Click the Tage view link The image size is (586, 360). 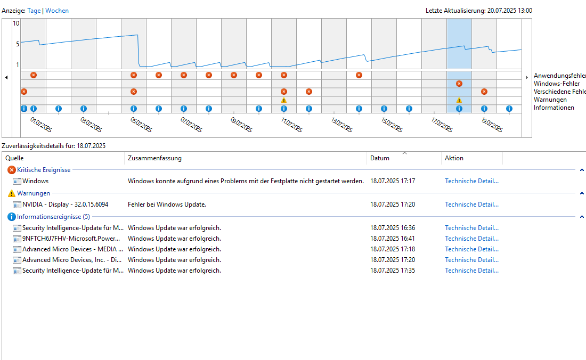[x=34, y=11]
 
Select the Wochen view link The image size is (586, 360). [x=57, y=11]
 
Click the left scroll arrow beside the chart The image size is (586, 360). [x=6, y=78]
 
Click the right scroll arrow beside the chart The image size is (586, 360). [x=527, y=78]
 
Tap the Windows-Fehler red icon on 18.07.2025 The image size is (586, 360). [x=459, y=84]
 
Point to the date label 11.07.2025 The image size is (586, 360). [x=291, y=125]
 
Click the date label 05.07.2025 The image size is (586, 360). [x=141, y=125]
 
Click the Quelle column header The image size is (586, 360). [x=14, y=158]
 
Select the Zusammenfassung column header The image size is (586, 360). [x=154, y=158]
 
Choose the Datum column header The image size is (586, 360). [x=380, y=158]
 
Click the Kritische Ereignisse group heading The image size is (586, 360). [x=44, y=170]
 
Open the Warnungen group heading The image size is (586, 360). [x=34, y=193]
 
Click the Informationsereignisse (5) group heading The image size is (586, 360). [x=53, y=217]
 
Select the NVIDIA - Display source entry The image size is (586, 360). [x=65, y=204]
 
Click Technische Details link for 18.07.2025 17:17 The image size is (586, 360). [x=471, y=181]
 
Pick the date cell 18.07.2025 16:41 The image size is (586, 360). [x=393, y=239]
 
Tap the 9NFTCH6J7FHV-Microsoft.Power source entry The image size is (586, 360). [x=71, y=239]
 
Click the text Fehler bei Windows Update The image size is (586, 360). [x=167, y=204]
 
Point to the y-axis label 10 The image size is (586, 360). [x=16, y=23]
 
